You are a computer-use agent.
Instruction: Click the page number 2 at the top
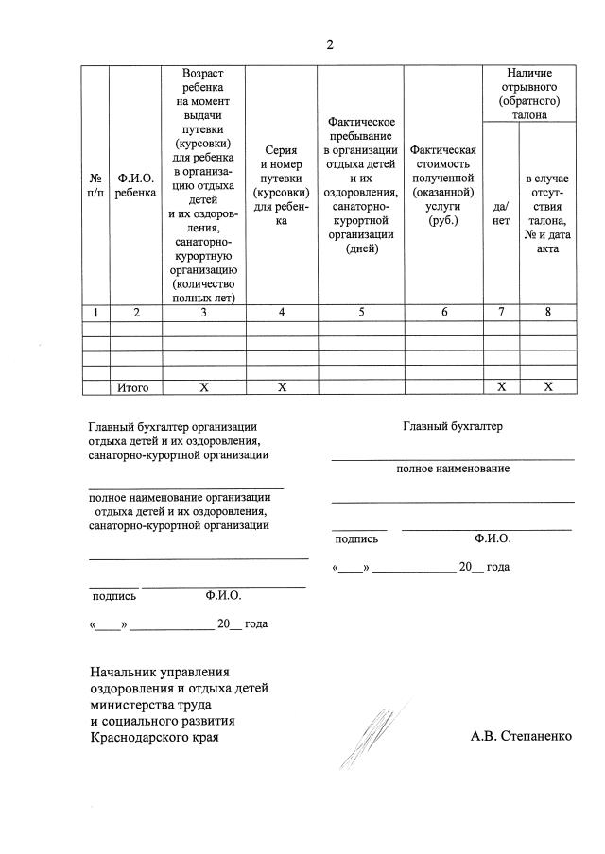click(x=330, y=43)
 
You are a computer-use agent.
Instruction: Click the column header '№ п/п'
click(x=95, y=183)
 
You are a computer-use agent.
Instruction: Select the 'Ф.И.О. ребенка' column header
click(x=136, y=183)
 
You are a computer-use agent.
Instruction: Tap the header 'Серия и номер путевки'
click(x=282, y=184)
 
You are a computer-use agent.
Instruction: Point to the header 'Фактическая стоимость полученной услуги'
click(x=442, y=184)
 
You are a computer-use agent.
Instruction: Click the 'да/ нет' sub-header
click(x=501, y=213)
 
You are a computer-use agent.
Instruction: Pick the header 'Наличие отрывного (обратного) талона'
click(x=528, y=93)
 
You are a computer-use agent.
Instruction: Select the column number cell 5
click(x=361, y=313)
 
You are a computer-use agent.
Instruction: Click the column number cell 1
click(x=95, y=313)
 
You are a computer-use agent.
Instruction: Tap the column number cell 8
click(x=548, y=313)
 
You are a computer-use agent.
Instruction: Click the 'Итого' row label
click(x=136, y=386)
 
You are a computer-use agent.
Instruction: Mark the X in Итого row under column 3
click(x=203, y=386)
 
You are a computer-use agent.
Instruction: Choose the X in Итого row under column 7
click(x=501, y=386)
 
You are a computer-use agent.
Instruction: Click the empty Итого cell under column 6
click(x=442, y=386)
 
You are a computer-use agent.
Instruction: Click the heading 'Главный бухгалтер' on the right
click(x=453, y=426)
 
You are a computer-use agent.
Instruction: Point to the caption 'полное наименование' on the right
click(x=453, y=469)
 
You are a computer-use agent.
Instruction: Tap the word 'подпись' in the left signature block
click(x=113, y=596)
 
